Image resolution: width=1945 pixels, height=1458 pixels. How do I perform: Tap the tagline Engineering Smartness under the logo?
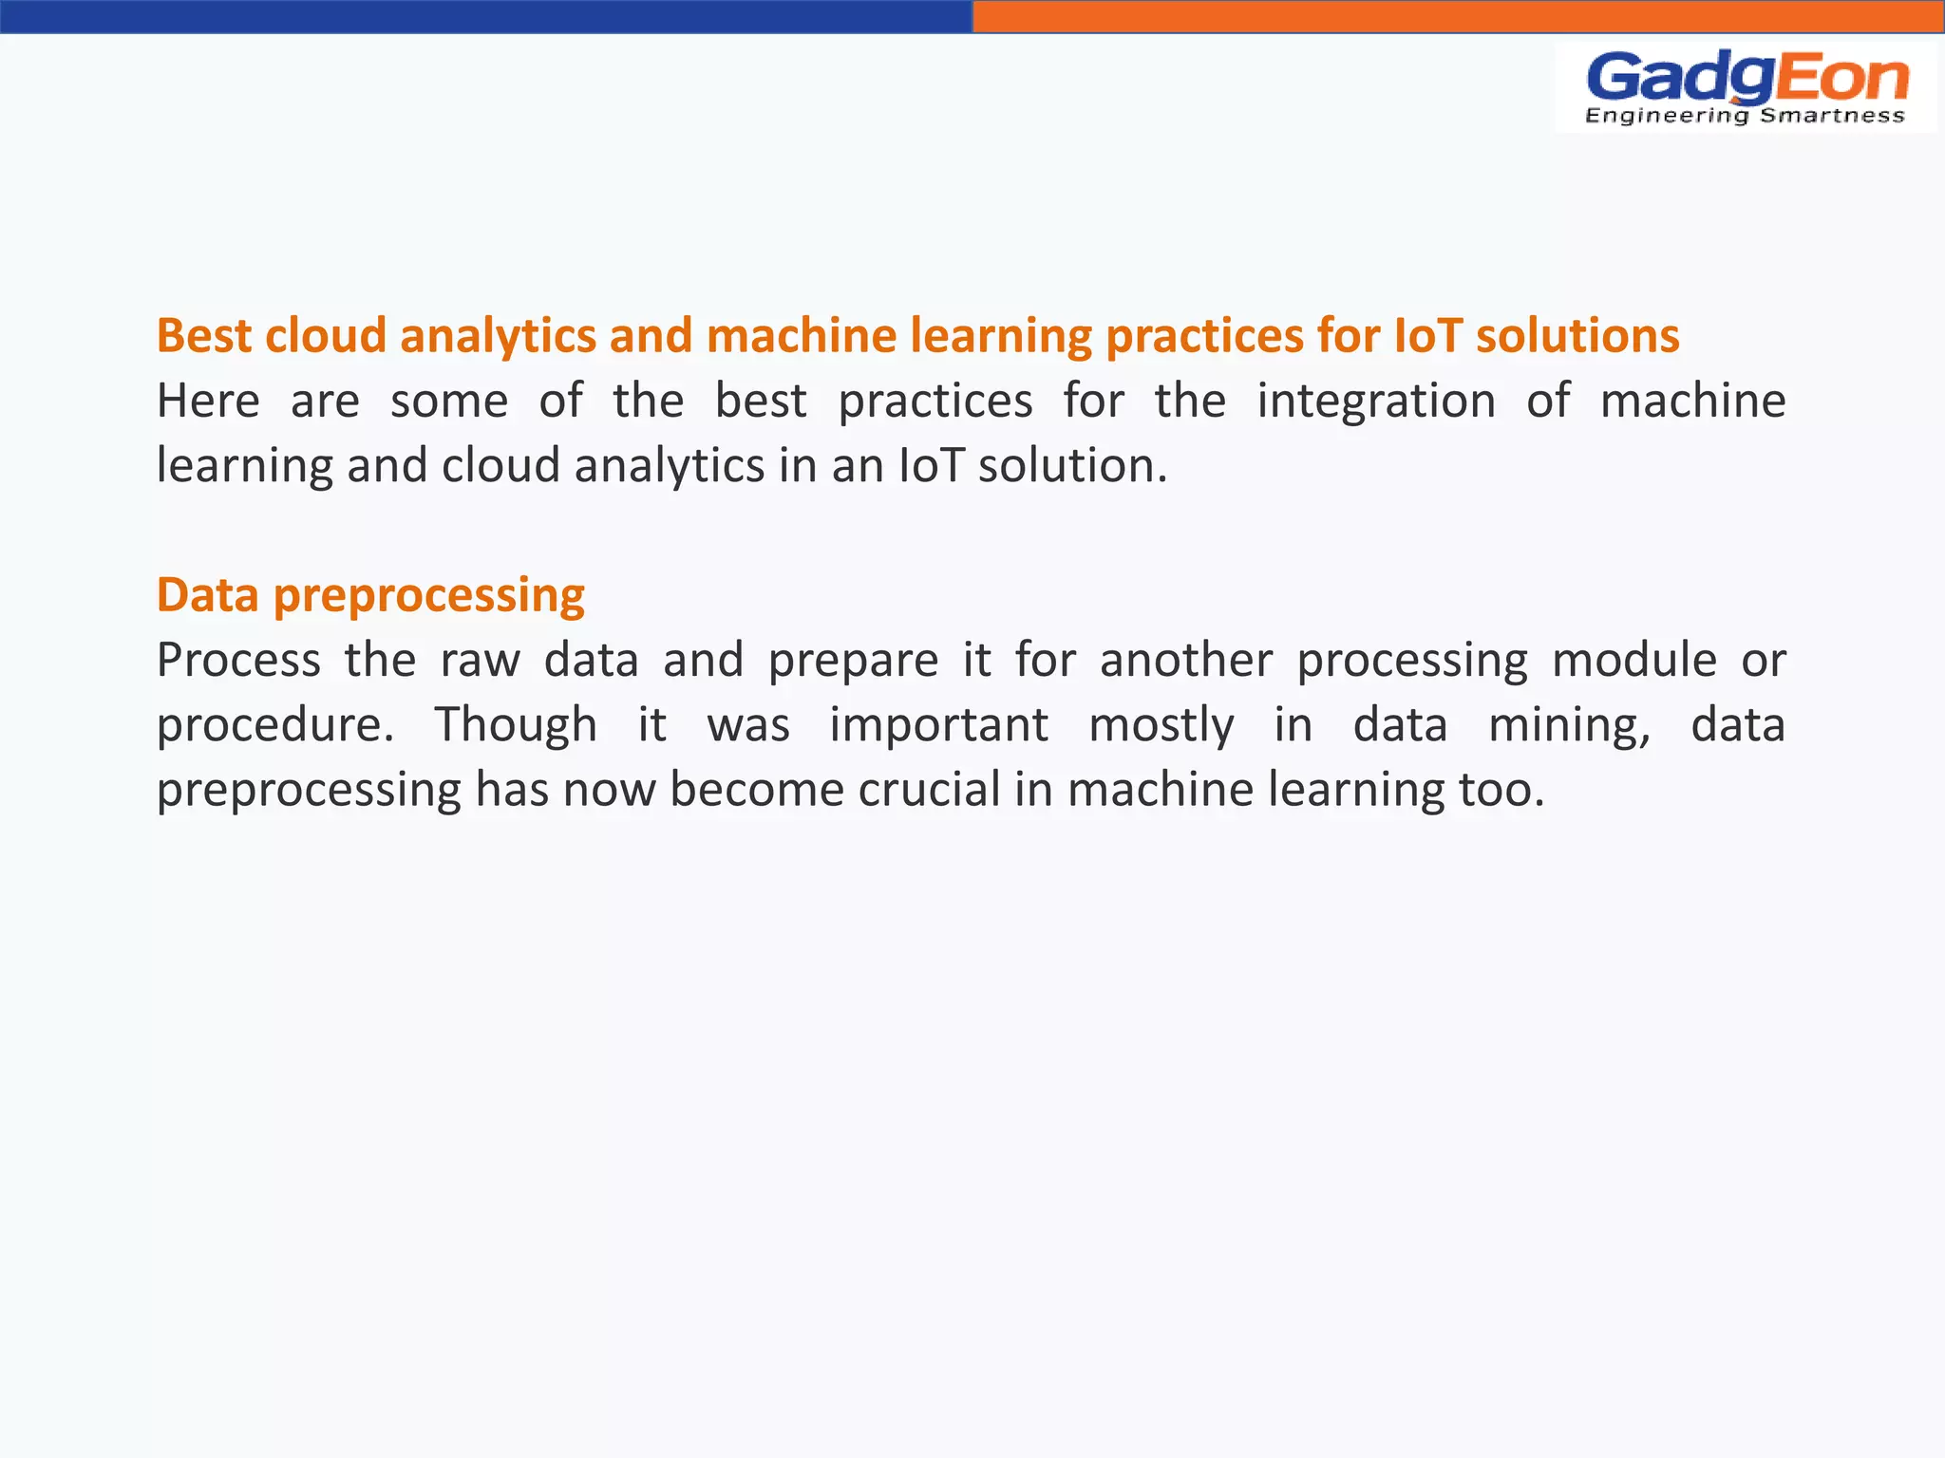[1745, 116]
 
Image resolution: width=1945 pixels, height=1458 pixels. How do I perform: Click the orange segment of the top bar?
[1458, 16]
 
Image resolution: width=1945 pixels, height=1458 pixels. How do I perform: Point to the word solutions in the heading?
[1577, 336]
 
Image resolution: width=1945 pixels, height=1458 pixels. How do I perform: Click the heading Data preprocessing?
[370, 595]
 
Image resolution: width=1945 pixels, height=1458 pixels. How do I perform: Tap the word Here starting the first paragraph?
[208, 401]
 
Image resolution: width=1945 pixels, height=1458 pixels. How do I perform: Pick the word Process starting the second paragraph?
[238, 660]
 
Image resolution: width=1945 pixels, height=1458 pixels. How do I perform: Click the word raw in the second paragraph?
[480, 660]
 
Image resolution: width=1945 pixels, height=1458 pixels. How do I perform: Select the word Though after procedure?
[516, 725]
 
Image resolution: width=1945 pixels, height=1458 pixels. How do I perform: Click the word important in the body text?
[938, 725]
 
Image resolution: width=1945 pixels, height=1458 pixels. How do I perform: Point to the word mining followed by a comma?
[1568, 725]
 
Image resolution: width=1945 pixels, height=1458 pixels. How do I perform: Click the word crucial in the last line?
[929, 790]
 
